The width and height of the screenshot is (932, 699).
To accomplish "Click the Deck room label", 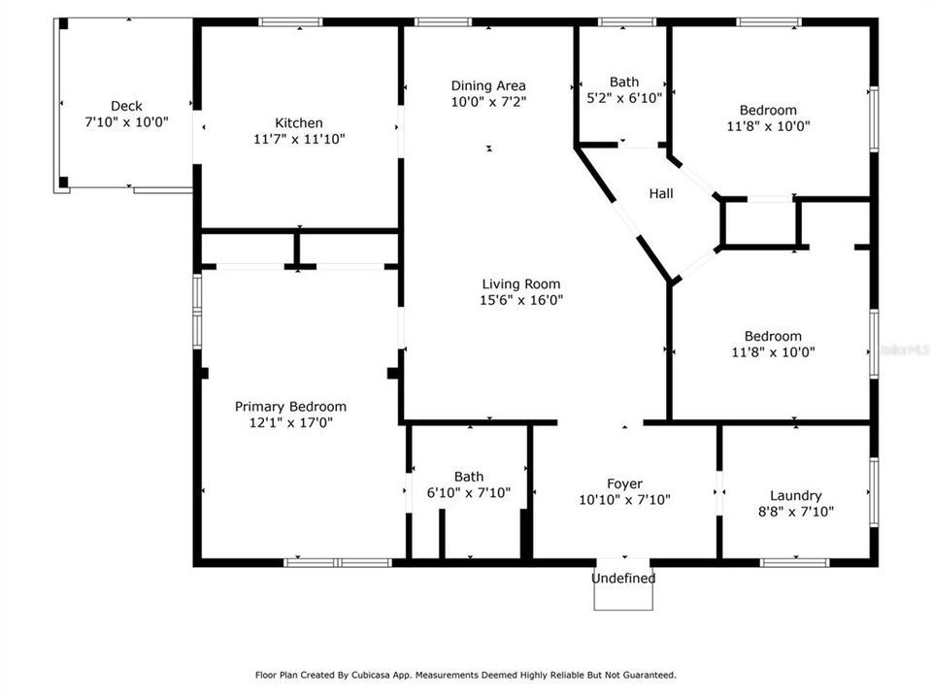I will click(126, 106).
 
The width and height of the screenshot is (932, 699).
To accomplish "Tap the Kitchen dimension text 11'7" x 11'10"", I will click(298, 139).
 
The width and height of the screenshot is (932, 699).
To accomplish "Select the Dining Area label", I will click(488, 85).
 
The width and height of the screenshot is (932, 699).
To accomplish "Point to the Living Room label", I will click(521, 283).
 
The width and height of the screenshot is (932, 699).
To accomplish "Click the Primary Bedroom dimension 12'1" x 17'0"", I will click(290, 422).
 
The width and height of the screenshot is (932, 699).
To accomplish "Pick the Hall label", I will click(661, 193).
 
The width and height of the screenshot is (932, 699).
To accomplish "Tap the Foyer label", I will click(624, 483).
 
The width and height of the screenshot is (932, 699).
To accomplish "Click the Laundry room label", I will click(795, 495).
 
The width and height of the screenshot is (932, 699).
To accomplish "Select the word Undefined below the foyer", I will click(624, 579).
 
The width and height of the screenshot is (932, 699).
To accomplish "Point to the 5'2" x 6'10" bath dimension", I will click(624, 97).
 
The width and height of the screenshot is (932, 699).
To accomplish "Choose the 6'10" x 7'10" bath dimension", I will click(469, 492).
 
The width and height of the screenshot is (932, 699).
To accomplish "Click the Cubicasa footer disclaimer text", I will click(465, 675).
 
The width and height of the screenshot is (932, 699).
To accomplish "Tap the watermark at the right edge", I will click(909, 348).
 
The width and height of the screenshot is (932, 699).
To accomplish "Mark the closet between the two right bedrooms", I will click(760, 223).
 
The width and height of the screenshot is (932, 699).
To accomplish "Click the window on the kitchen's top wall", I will click(290, 21).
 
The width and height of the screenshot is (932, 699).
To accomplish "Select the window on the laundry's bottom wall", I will click(795, 561).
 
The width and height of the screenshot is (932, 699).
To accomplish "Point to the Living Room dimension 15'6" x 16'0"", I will click(521, 299).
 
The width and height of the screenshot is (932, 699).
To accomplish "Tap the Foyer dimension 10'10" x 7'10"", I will click(624, 500).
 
